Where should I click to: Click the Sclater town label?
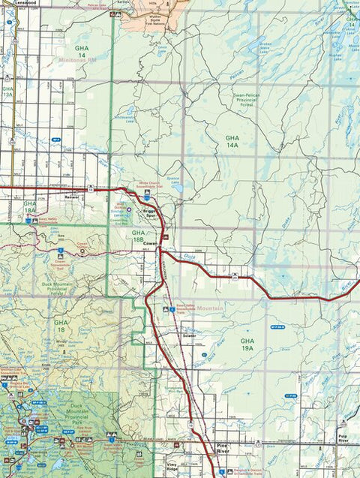190,335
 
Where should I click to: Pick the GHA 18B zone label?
138,236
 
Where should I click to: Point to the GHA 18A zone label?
30,208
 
